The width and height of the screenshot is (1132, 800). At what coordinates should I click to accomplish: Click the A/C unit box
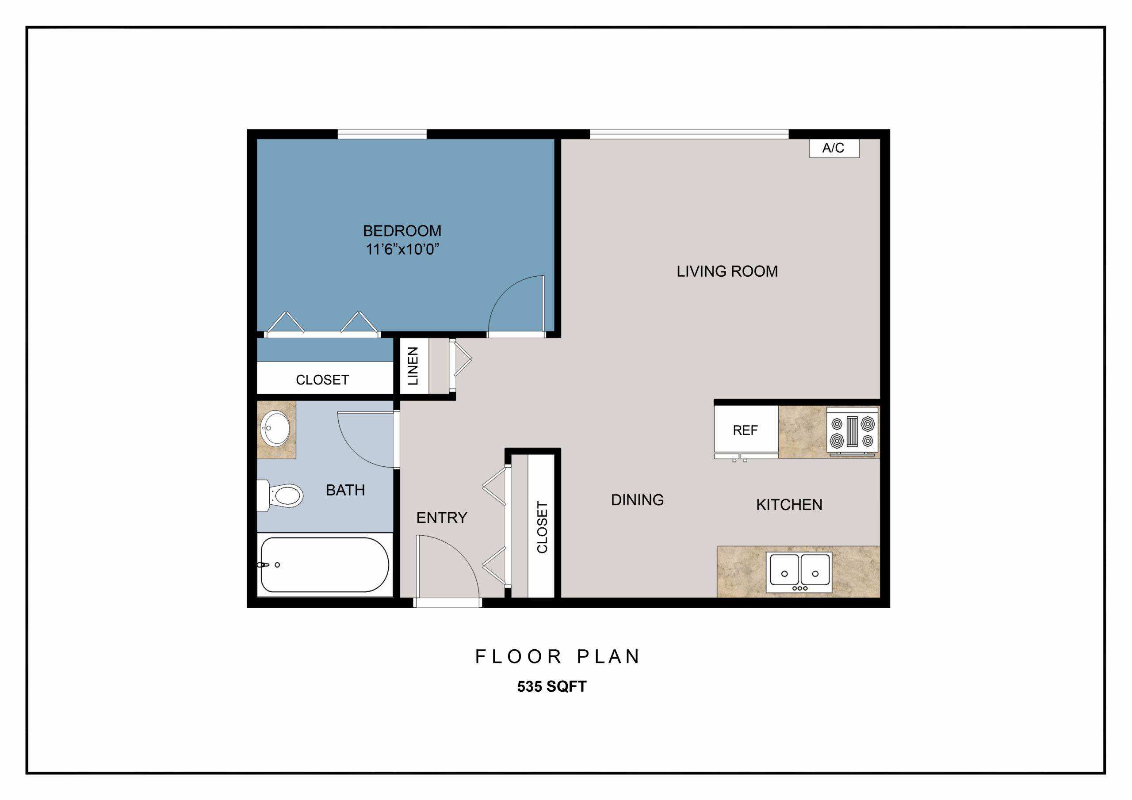(x=834, y=148)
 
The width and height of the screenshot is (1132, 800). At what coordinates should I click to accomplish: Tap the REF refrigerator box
(x=746, y=429)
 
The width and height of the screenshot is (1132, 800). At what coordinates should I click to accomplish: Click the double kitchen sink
(x=799, y=572)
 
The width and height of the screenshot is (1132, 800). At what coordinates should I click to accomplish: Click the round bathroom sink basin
(x=275, y=429)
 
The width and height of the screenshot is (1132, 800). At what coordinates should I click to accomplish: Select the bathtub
(x=325, y=564)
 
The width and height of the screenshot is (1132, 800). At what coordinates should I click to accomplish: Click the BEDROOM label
(x=402, y=231)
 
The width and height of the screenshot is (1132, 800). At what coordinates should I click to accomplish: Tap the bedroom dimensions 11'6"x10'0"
(x=402, y=249)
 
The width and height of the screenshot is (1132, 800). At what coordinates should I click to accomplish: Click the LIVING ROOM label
(x=727, y=271)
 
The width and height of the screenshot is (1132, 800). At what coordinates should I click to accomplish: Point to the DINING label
(x=638, y=500)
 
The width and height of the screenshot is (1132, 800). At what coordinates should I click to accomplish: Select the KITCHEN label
(x=789, y=505)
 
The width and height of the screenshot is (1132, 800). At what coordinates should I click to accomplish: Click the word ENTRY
(x=442, y=518)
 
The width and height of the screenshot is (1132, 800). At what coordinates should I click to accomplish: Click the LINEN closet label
(x=413, y=366)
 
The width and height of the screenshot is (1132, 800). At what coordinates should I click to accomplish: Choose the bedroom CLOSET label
(x=322, y=380)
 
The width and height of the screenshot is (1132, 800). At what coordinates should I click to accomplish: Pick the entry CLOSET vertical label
(x=542, y=527)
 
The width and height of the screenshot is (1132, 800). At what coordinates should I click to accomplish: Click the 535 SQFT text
(x=552, y=686)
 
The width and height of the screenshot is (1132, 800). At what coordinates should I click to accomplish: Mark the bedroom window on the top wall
(x=382, y=134)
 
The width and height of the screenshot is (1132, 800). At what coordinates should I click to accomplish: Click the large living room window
(x=689, y=134)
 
